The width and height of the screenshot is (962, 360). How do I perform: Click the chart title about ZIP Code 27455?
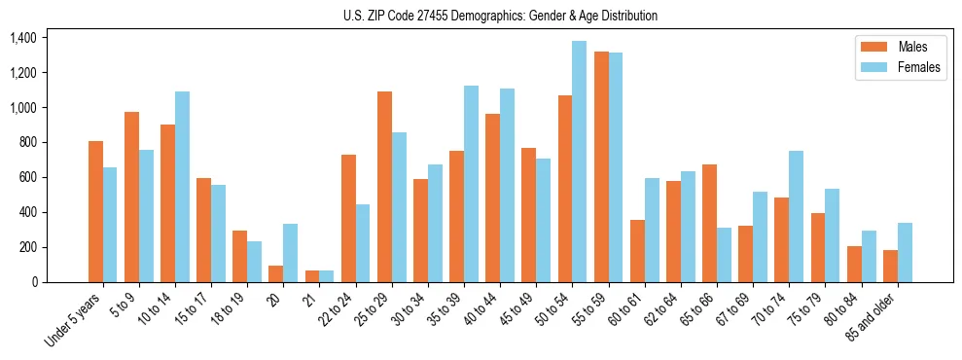click(500, 16)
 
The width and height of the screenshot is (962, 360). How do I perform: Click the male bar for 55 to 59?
click(601, 166)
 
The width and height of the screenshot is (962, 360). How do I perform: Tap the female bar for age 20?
click(290, 253)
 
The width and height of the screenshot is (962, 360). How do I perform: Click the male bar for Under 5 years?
click(95, 211)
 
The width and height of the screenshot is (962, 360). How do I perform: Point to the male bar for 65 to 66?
click(709, 223)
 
